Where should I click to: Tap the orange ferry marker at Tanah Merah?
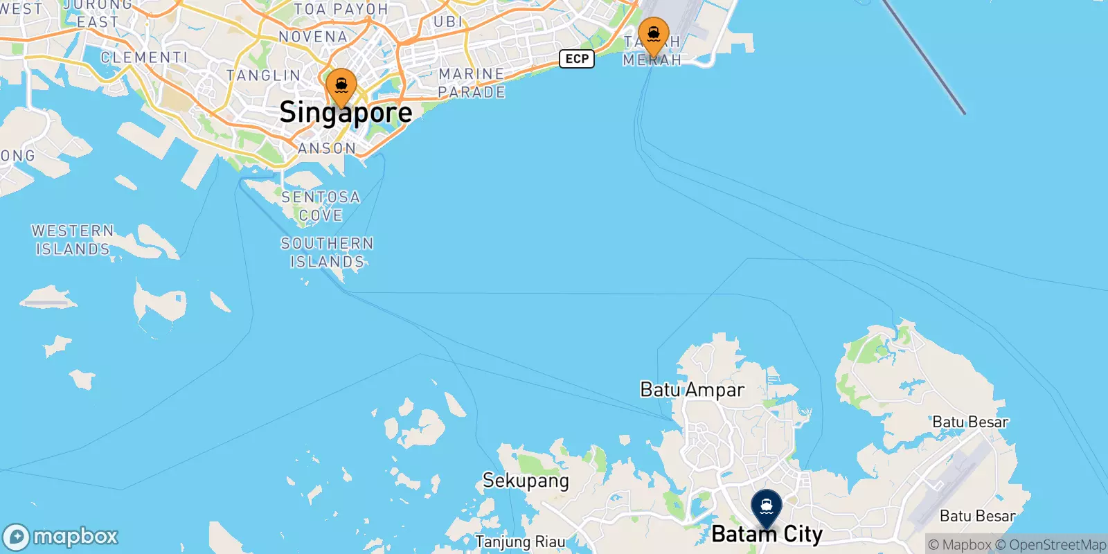click(653, 35)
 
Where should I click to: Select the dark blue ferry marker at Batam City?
click(767, 508)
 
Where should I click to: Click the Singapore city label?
click(346, 113)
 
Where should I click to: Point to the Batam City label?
click(767, 534)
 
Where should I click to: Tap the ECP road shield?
click(577, 59)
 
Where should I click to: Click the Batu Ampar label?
click(692, 390)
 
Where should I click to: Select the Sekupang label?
click(526, 481)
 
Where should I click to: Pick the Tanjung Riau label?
click(520, 542)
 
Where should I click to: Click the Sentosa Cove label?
click(321, 206)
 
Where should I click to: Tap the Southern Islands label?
click(327, 253)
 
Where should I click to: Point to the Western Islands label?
click(73, 240)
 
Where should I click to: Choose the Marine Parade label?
click(472, 83)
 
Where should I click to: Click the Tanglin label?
click(264, 75)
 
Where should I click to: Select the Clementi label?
click(144, 57)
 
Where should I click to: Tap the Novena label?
click(313, 37)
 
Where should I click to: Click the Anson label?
click(327, 148)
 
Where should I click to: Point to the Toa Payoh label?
click(341, 9)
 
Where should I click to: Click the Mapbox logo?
click(61, 537)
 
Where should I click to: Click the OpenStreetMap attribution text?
click(1051, 545)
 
